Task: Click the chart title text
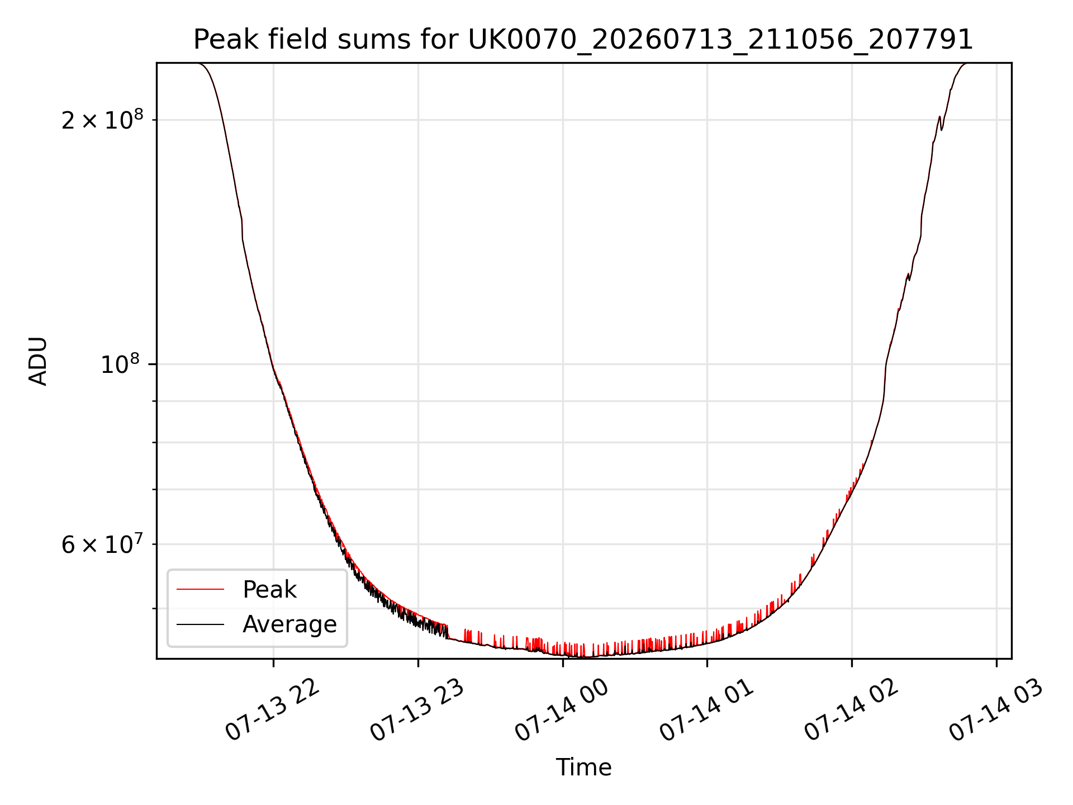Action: (x=583, y=40)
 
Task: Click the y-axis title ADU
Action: (x=38, y=361)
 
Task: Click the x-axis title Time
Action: (x=583, y=767)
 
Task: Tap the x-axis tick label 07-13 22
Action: (x=272, y=710)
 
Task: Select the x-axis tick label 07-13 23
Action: (x=417, y=710)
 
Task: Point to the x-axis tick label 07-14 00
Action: (x=562, y=710)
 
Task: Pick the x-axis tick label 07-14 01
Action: (x=707, y=710)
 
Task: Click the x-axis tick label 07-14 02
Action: (x=851, y=710)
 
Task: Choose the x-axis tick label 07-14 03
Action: (x=996, y=710)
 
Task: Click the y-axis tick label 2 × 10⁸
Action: (x=102, y=119)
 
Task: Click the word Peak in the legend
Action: (x=269, y=589)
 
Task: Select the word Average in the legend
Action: (x=289, y=624)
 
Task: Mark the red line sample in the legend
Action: (x=200, y=589)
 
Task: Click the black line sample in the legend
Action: (x=200, y=624)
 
